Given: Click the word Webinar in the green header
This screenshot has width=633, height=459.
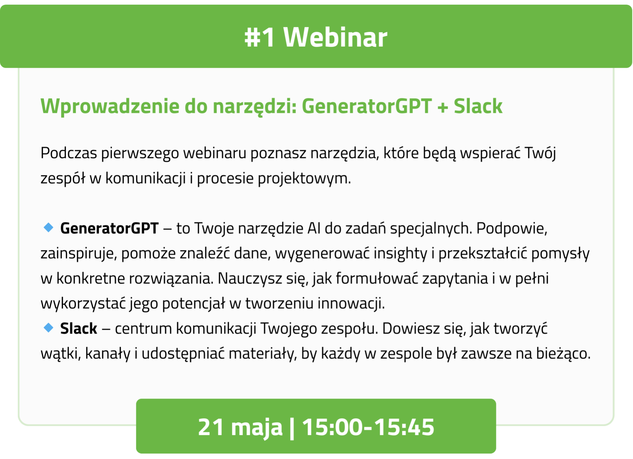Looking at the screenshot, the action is click(x=335, y=37).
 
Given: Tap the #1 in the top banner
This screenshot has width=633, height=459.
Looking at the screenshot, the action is click(x=260, y=37).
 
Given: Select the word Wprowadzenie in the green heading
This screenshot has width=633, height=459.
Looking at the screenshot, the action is click(x=110, y=106).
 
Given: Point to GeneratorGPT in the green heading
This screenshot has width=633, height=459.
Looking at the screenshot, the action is click(x=367, y=106).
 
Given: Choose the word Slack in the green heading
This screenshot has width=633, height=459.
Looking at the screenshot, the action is click(x=478, y=106).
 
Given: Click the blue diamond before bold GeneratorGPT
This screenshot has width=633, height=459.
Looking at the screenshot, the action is click(x=48, y=227).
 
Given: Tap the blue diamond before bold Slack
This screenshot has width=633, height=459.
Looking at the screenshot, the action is click(x=48, y=327).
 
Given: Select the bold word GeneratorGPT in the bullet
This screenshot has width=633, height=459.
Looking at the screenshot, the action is click(x=109, y=228).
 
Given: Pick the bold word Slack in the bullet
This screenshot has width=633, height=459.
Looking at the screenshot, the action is click(x=78, y=328).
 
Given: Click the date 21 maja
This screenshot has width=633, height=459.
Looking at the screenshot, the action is click(x=240, y=427).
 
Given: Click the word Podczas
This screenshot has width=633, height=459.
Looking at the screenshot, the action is click(x=69, y=153).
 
